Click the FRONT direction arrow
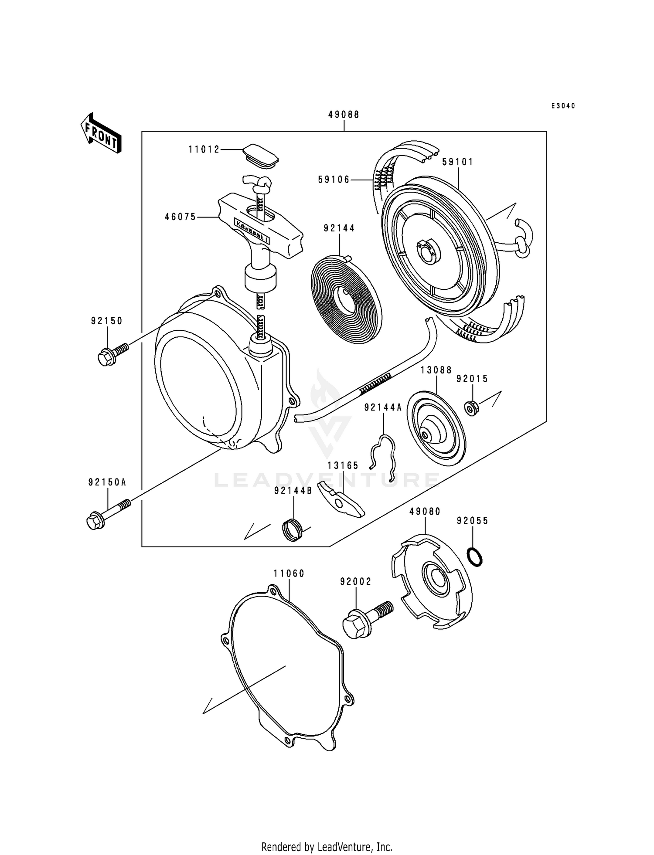tap(101, 133)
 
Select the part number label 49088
tap(344, 115)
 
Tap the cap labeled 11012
tap(260, 156)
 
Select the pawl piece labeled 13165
tap(340, 501)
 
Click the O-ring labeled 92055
tap(475, 557)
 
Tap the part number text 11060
tap(289, 574)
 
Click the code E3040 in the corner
tap(563, 106)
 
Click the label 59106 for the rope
tap(334, 180)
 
